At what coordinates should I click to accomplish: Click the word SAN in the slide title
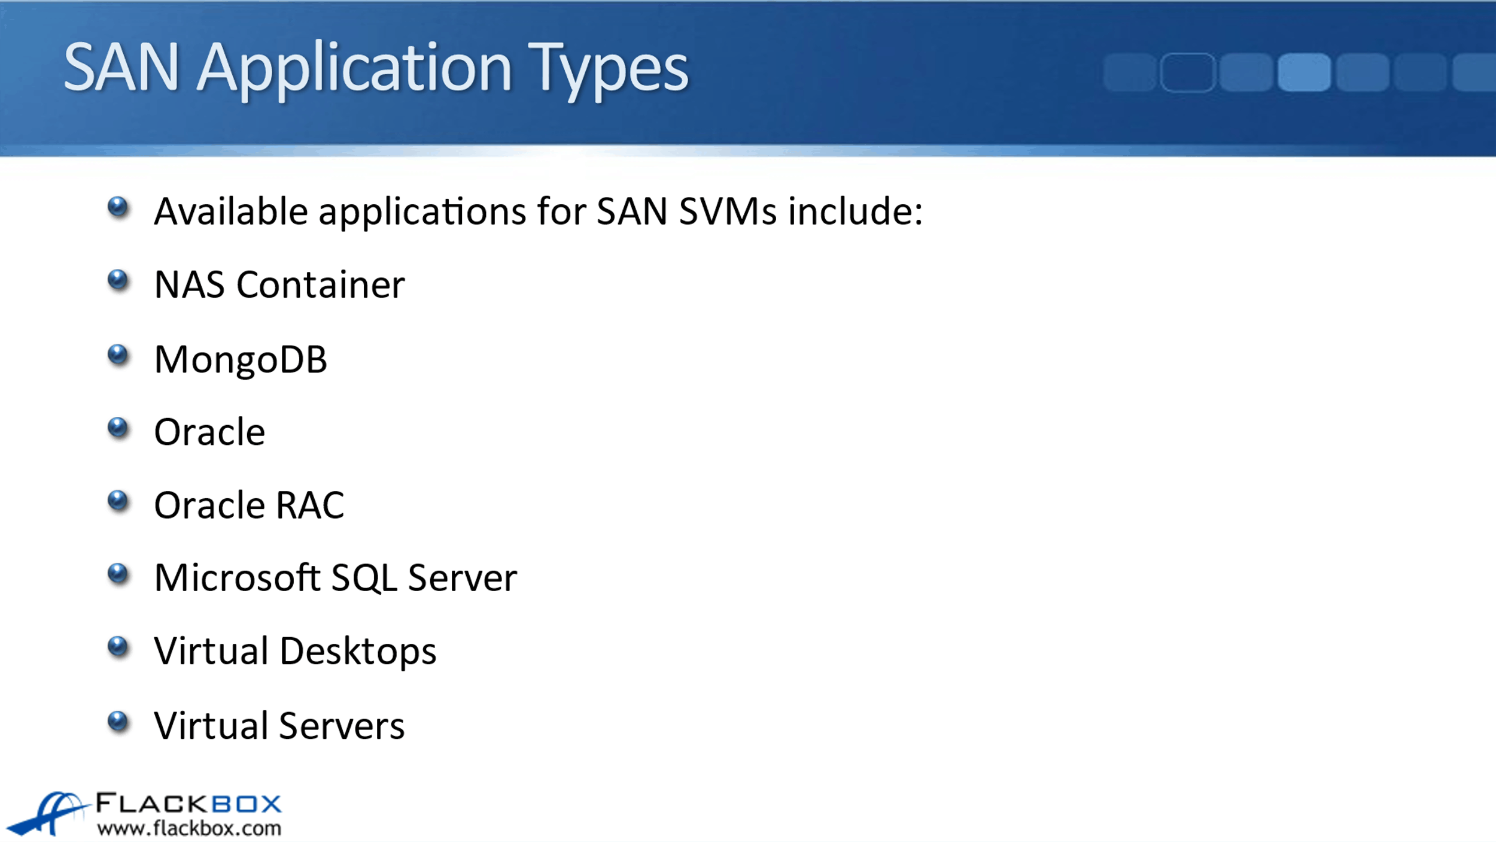pyautogui.click(x=121, y=67)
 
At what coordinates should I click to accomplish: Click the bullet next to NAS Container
pyautogui.click(x=118, y=280)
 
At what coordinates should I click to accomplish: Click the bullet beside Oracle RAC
pyautogui.click(x=118, y=501)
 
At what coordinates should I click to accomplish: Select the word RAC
pyautogui.click(x=310, y=505)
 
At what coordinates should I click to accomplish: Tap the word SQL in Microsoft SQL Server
pyautogui.click(x=364, y=579)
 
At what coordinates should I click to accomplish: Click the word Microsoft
pyautogui.click(x=238, y=578)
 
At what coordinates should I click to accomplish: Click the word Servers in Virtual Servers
pyautogui.click(x=342, y=726)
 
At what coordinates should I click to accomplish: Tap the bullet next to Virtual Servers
pyautogui.click(x=118, y=721)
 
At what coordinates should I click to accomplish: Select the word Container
pyautogui.click(x=321, y=284)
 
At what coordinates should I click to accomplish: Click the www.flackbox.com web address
pyautogui.click(x=189, y=828)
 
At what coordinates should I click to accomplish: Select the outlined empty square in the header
pyautogui.click(x=1188, y=72)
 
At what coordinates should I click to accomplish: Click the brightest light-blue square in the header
pyautogui.click(x=1304, y=72)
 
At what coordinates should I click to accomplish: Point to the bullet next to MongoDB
pyautogui.click(x=118, y=355)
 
